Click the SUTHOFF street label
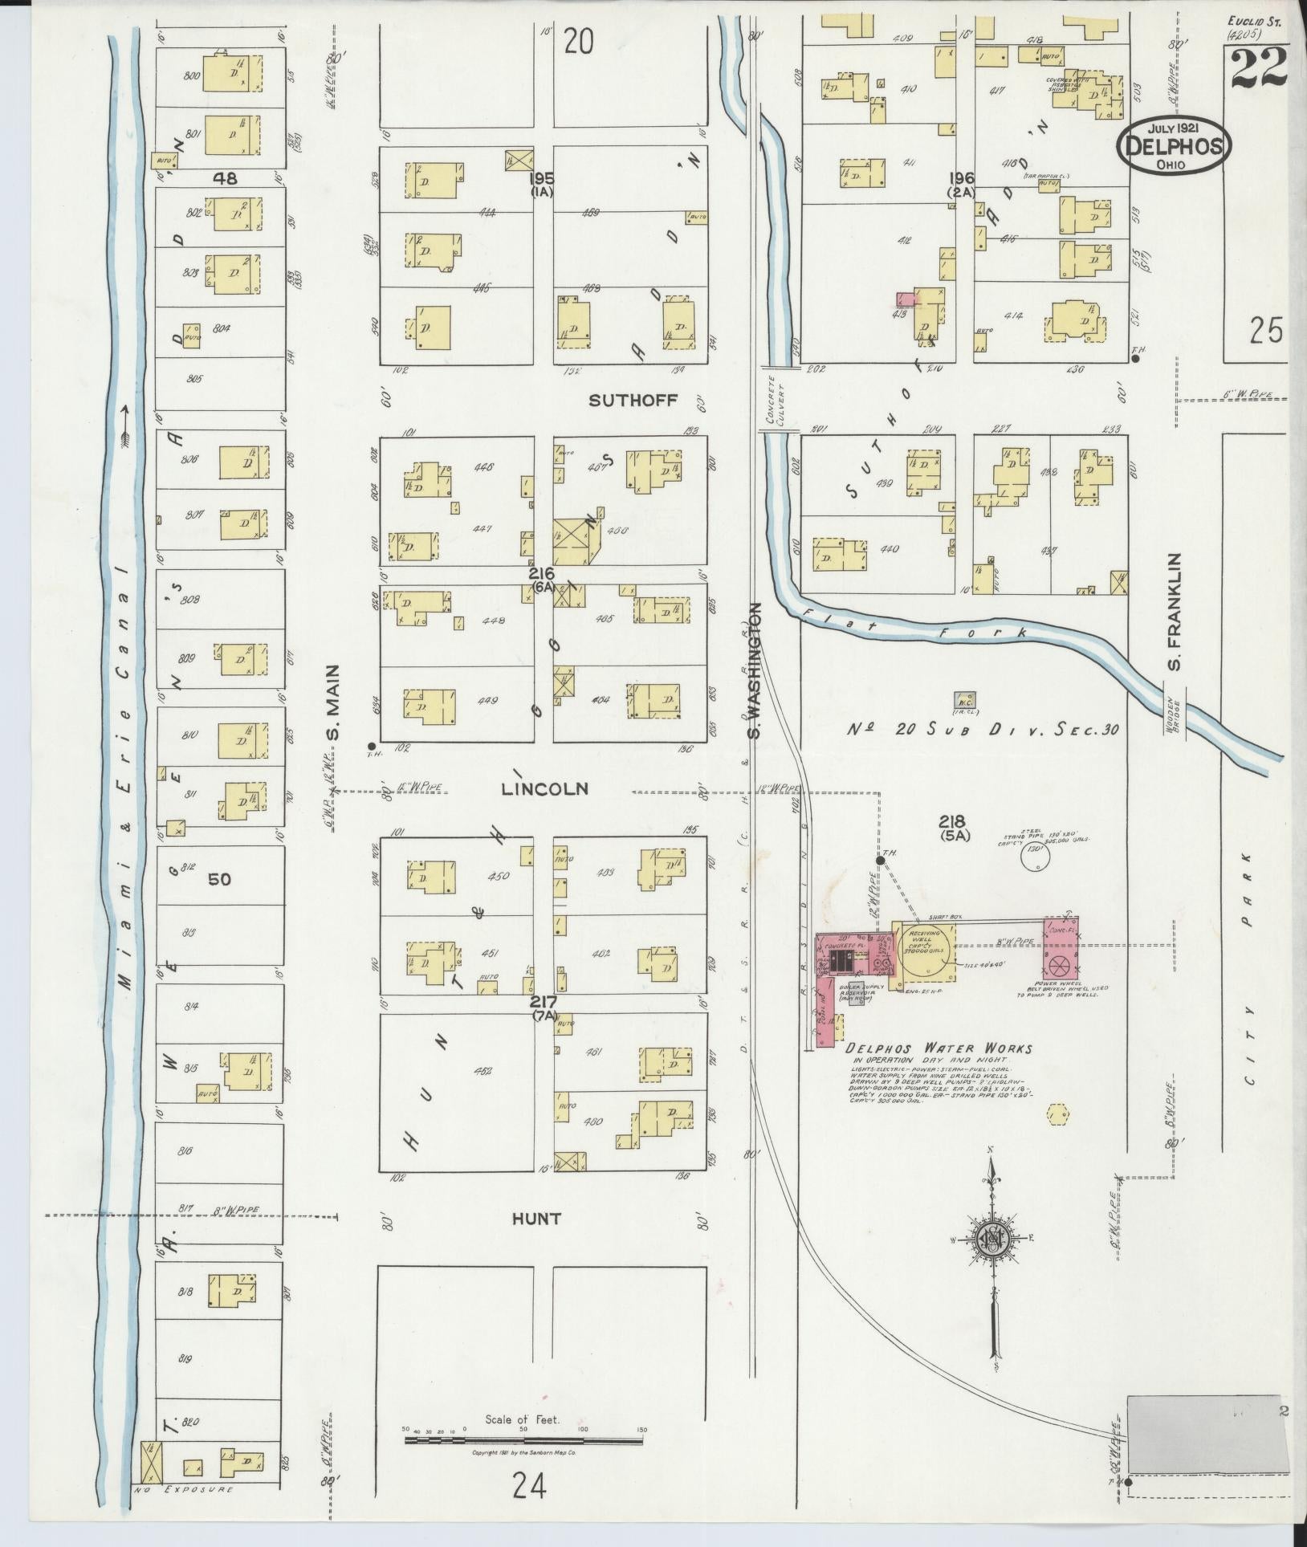point(633,400)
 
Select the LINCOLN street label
point(544,789)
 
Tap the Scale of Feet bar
point(523,1440)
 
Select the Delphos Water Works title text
point(939,1048)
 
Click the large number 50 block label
point(219,879)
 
